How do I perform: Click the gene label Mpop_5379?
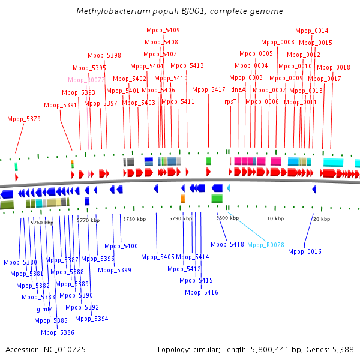[24, 119]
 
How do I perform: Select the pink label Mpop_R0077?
[87, 80]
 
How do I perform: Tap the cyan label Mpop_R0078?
[266, 245]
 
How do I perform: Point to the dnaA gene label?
[238, 90]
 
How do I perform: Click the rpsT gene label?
[231, 102]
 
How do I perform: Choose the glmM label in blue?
[45, 309]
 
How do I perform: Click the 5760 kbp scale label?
[42, 223]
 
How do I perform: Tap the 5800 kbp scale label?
[227, 218]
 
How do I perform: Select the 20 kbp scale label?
[322, 219]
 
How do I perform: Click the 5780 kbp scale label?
[134, 219]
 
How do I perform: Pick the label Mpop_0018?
[334, 67]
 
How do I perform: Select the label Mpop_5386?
[58, 332]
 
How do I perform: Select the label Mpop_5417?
[209, 90]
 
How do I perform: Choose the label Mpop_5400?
[121, 246]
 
